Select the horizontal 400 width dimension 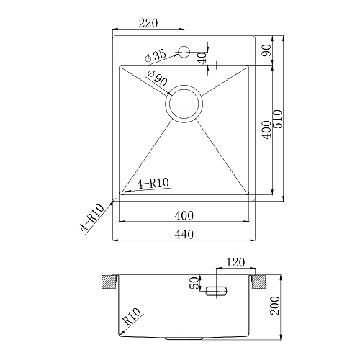[185, 215]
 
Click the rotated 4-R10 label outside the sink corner [93, 219]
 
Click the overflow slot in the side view [216, 292]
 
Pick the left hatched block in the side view [109, 280]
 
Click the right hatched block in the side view [260, 280]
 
